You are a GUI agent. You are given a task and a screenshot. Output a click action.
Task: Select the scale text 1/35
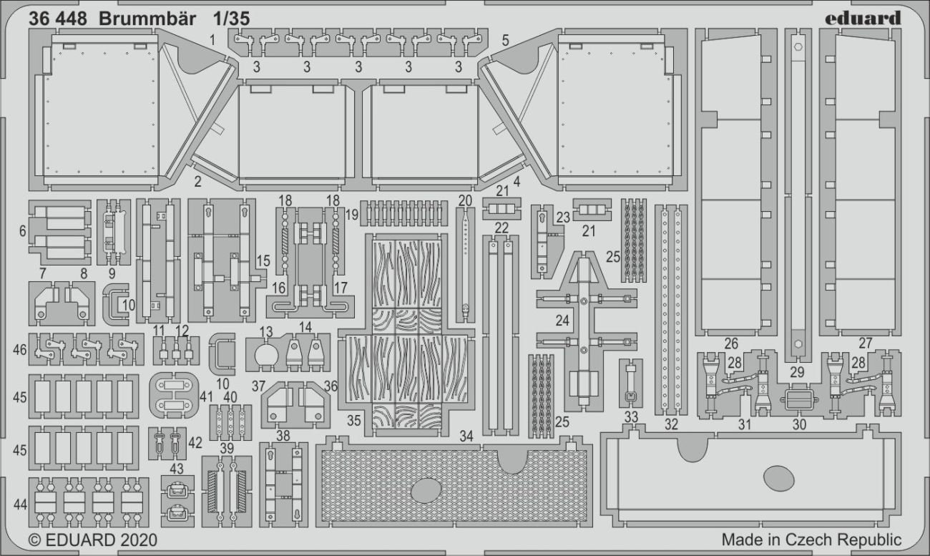point(232,19)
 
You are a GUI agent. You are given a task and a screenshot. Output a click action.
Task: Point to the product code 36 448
point(57,19)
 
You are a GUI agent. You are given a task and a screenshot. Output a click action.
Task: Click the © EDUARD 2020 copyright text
point(92,539)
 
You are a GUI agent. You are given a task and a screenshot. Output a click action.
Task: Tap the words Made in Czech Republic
point(811,539)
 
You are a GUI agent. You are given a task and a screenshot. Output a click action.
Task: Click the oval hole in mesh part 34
point(426,490)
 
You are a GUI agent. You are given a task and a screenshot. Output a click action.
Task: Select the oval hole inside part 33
point(778,477)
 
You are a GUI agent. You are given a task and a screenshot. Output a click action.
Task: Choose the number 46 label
point(19,350)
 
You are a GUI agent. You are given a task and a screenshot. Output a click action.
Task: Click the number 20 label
point(465,200)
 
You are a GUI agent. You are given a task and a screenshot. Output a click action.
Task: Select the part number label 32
point(670,424)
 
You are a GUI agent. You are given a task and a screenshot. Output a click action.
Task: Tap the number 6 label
point(22,231)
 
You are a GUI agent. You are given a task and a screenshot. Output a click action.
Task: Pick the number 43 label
point(176,469)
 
